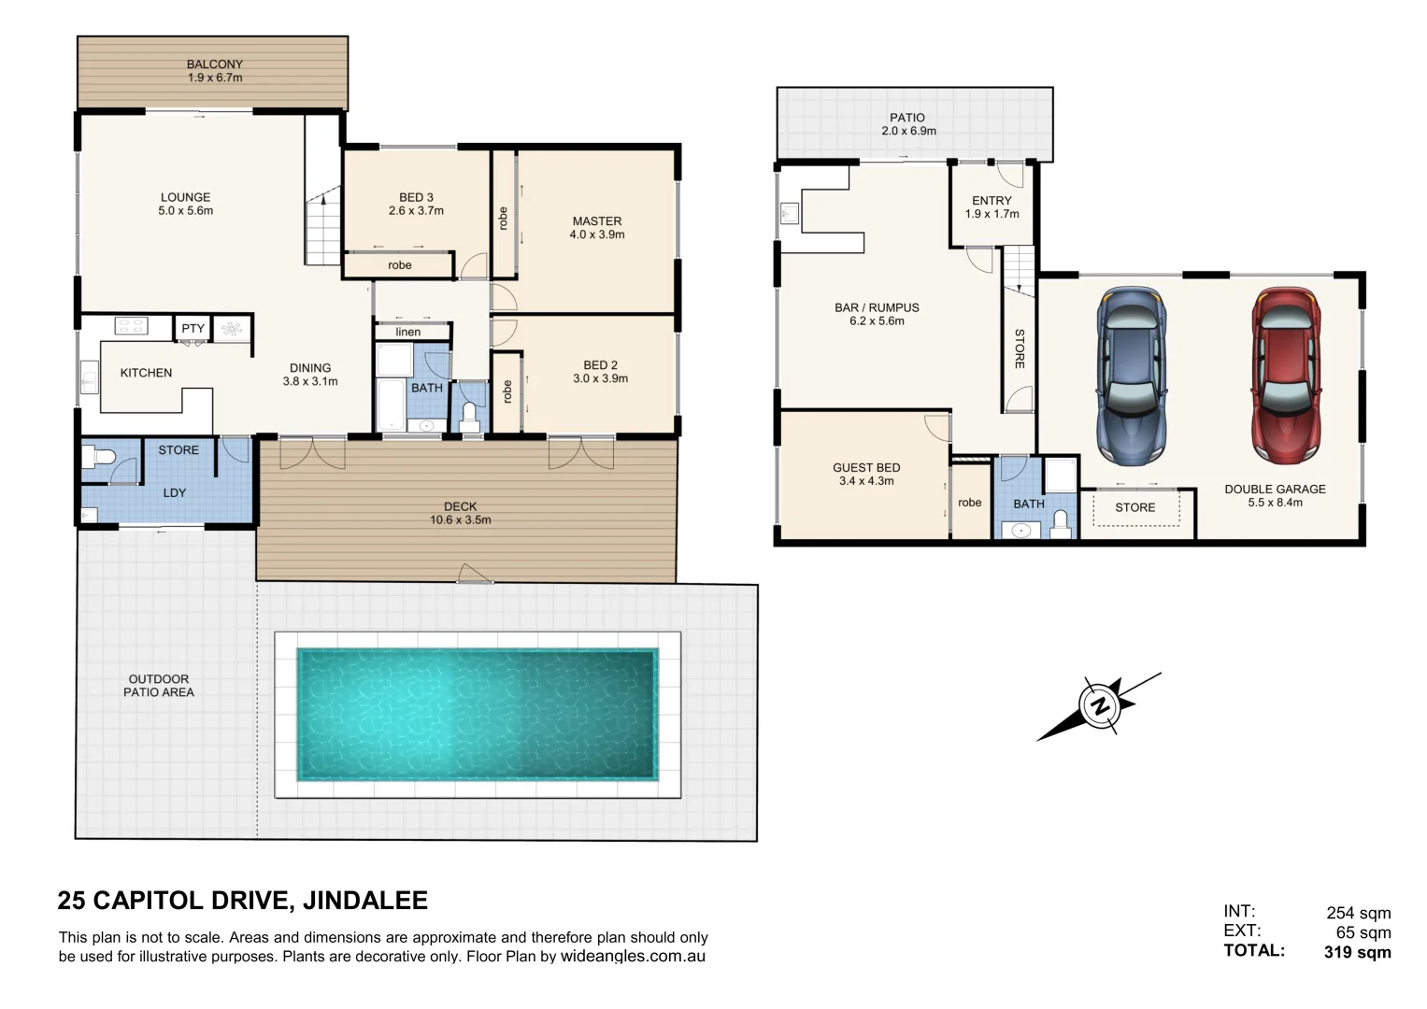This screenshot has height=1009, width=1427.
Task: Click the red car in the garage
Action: (1288, 376)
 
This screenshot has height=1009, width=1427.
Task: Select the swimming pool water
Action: (478, 715)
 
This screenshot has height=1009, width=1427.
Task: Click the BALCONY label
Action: (214, 64)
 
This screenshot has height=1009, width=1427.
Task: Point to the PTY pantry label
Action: (193, 329)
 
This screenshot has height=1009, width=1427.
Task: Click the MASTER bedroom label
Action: (596, 221)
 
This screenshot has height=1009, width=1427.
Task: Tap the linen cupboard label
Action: (408, 332)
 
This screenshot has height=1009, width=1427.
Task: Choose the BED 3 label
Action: (416, 197)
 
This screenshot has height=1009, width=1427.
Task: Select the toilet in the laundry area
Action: (99, 459)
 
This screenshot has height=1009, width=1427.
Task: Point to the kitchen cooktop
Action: (131, 326)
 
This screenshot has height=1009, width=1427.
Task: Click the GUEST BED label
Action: (866, 467)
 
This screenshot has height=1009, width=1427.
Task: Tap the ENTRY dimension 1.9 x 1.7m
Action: (992, 214)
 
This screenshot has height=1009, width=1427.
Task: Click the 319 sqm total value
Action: (1357, 952)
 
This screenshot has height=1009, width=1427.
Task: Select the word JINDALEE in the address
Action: (366, 901)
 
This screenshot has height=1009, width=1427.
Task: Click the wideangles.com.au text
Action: (633, 957)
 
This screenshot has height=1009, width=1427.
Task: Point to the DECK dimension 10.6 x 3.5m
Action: (460, 520)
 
